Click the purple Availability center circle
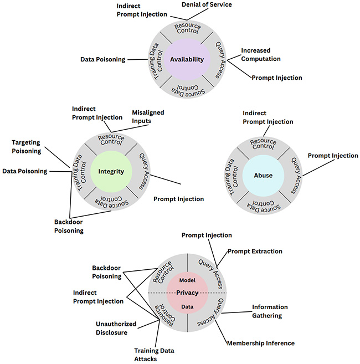(x=187, y=59)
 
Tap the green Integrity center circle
(x=111, y=172)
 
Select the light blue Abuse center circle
(x=263, y=176)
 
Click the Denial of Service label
(x=207, y=4)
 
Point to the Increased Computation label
(x=261, y=54)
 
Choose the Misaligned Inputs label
(x=148, y=117)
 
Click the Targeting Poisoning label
(x=27, y=147)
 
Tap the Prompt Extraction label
(x=255, y=252)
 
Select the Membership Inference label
(x=261, y=343)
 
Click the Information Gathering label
(x=270, y=311)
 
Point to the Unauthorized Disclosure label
(x=116, y=328)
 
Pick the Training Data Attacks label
(x=154, y=355)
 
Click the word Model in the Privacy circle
(x=187, y=280)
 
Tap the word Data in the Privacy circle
(x=187, y=307)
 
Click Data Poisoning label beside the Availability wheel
(x=103, y=59)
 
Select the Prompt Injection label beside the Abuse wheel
(x=333, y=156)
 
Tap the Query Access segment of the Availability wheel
(x=220, y=60)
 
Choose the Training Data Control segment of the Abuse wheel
(x=232, y=177)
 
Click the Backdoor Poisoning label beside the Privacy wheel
(x=107, y=272)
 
